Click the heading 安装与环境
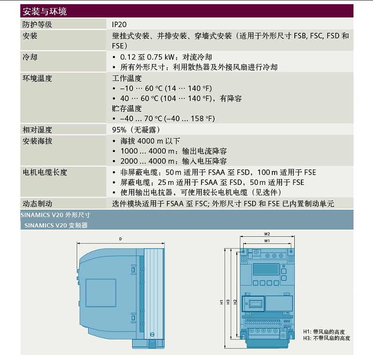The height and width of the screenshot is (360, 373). [x=45, y=11]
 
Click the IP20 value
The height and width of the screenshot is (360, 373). [x=119, y=25]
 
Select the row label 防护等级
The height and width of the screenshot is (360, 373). [x=37, y=24]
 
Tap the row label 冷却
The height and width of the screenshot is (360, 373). [x=30, y=57]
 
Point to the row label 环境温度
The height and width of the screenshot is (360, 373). [x=37, y=79]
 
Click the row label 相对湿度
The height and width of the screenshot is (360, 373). [x=37, y=130]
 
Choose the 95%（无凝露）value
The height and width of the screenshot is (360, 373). [x=136, y=130]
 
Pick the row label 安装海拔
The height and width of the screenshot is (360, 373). [x=37, y=141]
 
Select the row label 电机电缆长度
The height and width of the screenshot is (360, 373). [x=45, y=172]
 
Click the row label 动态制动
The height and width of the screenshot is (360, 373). [x=37, y=204]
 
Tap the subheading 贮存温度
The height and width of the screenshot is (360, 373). [x=127, y=109]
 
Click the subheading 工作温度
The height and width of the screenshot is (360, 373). [x=127, y=79]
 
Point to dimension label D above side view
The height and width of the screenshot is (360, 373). [x=120, y=239]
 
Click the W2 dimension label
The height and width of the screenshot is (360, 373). [x=267, y=234]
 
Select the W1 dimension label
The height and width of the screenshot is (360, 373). [x=267, y=241]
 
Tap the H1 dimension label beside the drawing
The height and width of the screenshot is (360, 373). [x=222, y=302]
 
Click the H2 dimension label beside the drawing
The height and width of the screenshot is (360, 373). [x=235, y=302]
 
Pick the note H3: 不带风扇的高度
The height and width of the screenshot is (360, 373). [x=327, y=338]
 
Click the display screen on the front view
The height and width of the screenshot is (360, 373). [x=266, y=269]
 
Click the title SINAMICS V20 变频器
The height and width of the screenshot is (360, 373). [x=56, y=225]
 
